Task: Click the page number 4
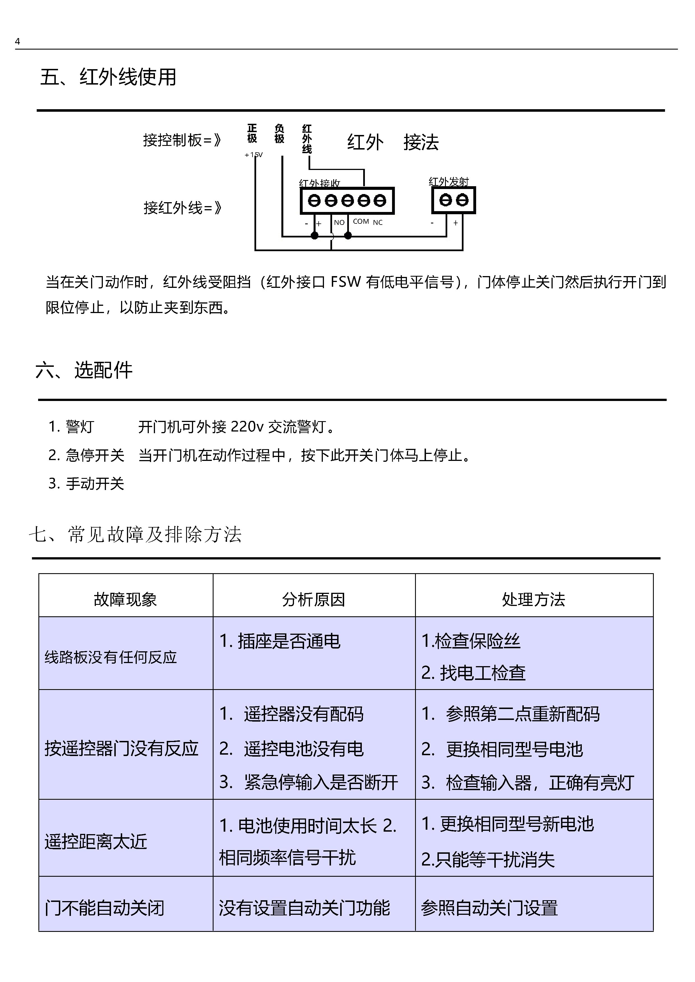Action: tap(18, 41)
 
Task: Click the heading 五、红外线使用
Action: tap(108, 77)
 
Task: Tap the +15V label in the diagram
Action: tap(253, 155)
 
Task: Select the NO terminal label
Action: tap(339, 222)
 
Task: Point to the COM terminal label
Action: tap(361, 221)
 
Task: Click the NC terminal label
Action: tap(377, 222)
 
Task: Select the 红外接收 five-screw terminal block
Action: tap(347, 200)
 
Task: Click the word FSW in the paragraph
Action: tap(346, 282)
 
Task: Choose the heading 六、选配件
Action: tap(84, 370)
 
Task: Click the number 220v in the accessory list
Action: tap(247, 426)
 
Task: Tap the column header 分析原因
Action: tap(313, 599)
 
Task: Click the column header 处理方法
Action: tap(533, 599)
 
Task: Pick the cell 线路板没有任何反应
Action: tap(110, 657)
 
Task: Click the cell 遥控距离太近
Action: tap(96, 842)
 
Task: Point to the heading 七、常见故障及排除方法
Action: tap(135, 535)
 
